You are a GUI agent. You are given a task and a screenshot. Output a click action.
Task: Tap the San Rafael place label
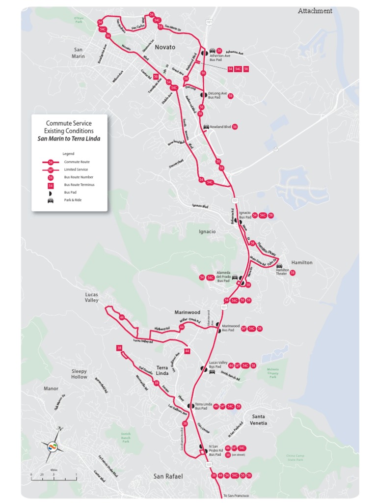tap(168, 476)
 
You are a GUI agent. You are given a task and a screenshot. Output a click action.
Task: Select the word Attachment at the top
tap(315, 11)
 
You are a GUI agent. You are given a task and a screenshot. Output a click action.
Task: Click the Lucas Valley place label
tap(91, 297)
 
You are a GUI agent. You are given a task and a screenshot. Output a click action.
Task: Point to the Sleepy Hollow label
tap(79, 374)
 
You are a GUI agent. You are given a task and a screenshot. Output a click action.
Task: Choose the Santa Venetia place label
tap(258, 419)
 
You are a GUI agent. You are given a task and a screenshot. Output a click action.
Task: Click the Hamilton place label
tap(302, 262)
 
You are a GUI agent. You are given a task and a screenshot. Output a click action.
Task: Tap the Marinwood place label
tap(188, 312)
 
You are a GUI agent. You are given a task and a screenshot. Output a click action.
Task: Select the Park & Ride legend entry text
tap(71, 200)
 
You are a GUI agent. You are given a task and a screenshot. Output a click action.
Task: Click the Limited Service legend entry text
tap(76, 169)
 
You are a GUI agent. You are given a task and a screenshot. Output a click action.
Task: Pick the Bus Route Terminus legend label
tap(79, 185)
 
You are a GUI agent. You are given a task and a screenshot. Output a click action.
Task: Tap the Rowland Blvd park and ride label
tap(220, 127)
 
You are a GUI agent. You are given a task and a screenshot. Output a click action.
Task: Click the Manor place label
tap(51, 388)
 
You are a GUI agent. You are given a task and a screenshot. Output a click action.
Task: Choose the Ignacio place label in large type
tap(207, 231)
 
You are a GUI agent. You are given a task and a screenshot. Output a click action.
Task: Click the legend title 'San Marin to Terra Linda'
tap(69, 139)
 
